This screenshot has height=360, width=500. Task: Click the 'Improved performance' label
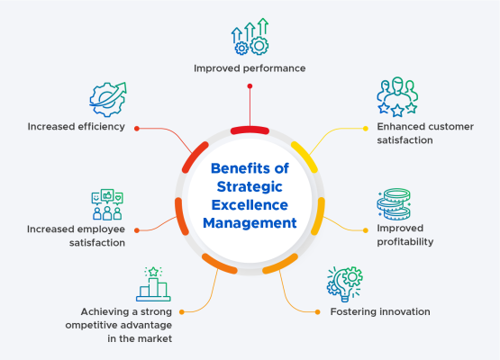250,67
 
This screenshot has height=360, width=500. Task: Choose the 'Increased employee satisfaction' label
75,236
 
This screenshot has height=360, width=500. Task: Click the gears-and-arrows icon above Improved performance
250,38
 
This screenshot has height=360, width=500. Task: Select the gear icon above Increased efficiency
107,101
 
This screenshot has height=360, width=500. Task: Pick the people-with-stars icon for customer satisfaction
396,97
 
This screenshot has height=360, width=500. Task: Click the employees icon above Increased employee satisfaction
107,205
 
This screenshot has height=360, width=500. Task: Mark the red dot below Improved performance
250,86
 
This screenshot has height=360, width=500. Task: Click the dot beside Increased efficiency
137,128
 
